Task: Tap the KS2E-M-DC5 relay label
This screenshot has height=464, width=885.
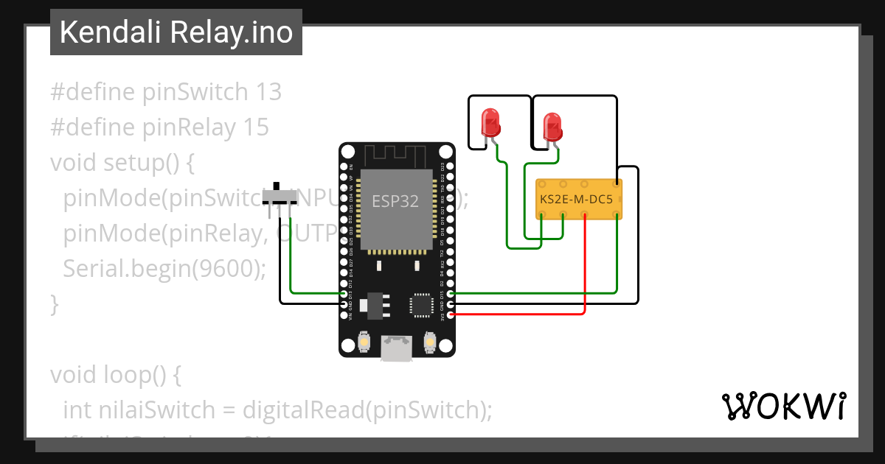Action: point(577,199)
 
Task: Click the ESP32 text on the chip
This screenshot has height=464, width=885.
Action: point(395,201)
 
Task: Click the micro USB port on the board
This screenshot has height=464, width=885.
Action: point(397,348)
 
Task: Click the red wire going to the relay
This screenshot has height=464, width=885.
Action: point(585,265)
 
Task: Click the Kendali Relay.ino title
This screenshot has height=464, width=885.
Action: point(176,32)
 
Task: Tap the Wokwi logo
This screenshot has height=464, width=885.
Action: point(783,407)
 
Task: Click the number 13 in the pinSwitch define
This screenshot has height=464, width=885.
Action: point(268,92)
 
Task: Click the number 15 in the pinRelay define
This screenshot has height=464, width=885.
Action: point(256,127)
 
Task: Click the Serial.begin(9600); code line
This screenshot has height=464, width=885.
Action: point(164,269)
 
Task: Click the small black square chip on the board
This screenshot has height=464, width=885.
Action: point(422,304)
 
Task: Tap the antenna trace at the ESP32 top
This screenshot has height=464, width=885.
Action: point(397,155)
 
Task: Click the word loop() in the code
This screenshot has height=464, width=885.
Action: point(139,375)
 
